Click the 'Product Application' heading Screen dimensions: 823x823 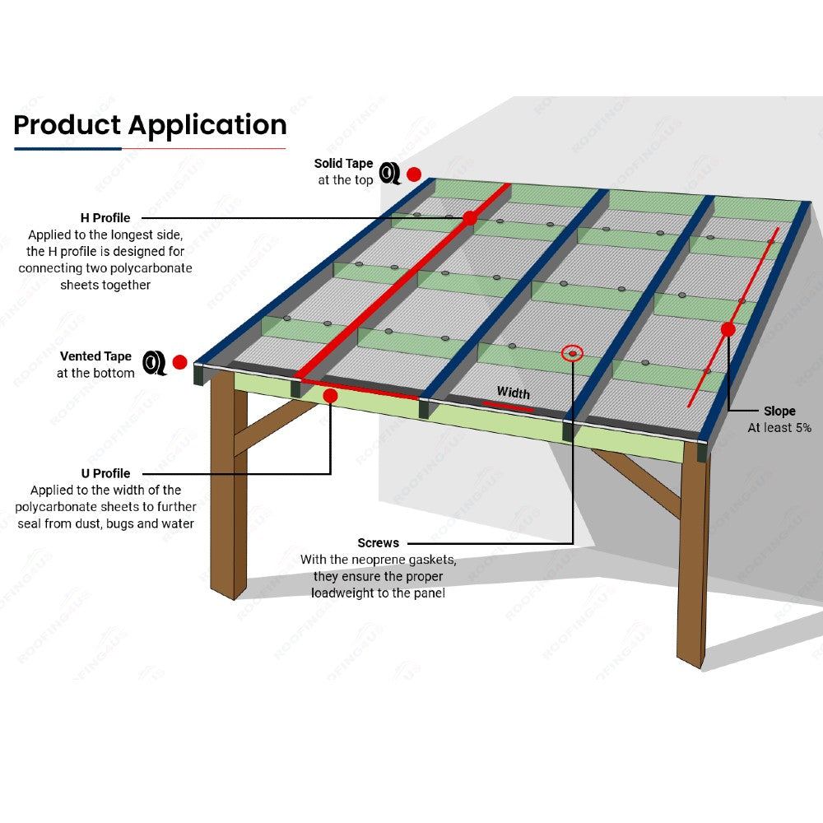coord(150,125)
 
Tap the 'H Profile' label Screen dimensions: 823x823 coord(105,218)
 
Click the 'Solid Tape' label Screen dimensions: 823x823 coord(343,164)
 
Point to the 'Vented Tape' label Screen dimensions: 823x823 coord(95,356)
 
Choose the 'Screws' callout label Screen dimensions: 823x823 coord(378,543)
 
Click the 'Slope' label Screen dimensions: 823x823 coord(779,411)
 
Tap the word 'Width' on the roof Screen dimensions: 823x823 coord(513,393)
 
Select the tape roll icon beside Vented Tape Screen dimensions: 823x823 coord(154,362)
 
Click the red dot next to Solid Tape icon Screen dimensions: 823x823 coord(414,174)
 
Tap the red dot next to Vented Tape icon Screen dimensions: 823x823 coord(179,362)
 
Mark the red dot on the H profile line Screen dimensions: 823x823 coord(470,218)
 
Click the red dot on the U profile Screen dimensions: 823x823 coord(330,396)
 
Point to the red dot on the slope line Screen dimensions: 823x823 coord(728,329)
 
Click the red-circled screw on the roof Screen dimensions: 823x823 coord(572,354)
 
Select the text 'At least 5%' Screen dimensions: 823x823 coord(779,428)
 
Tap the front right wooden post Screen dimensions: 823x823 coord(692,560)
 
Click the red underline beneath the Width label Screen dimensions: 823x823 coord(507,405)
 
